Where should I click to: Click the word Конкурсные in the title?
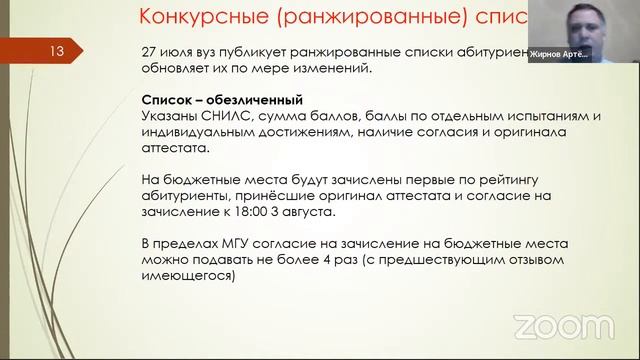[x=199, y=17]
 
